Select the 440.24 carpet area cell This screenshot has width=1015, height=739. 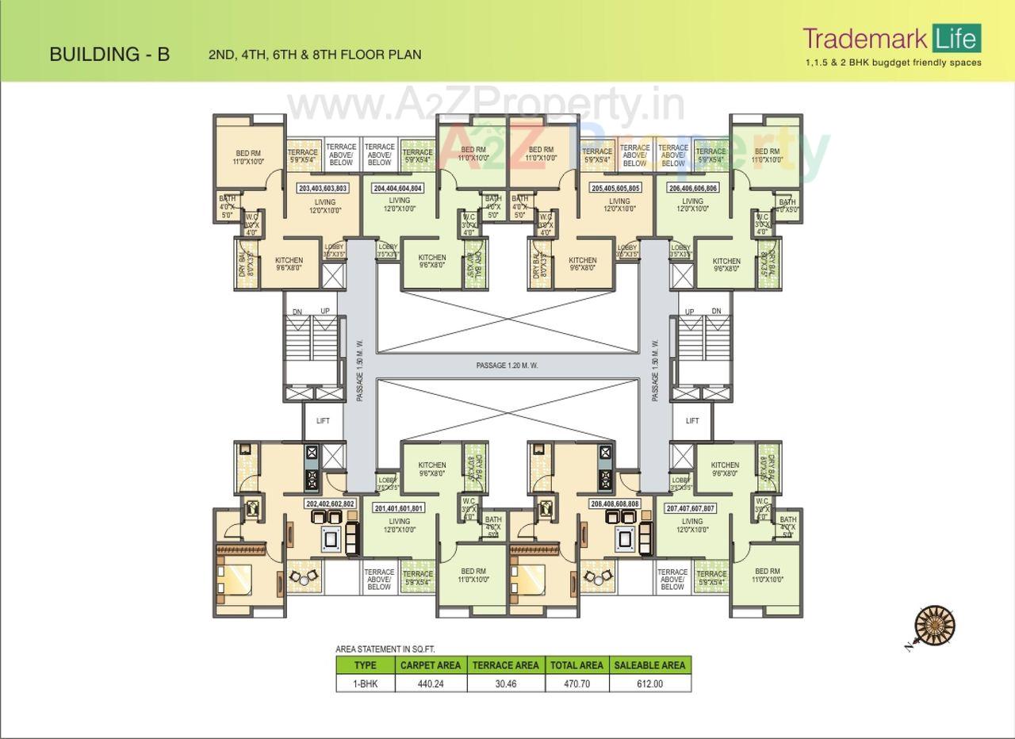click(430, 683)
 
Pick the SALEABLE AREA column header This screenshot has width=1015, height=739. click(649, 665)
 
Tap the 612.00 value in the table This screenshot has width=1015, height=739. click(649, 683)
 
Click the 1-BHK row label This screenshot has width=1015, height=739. click(365, 683)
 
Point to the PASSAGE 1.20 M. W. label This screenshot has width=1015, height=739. click(507, 366)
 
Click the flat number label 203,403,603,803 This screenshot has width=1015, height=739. click(323, 189)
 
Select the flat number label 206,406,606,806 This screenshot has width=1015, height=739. click(692, 189)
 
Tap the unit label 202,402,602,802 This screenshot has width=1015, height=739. click(330, 504)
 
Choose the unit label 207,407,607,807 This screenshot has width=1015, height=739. click(691, 508)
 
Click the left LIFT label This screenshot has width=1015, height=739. click(323, 421)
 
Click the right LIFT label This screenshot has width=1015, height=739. click(692, 421)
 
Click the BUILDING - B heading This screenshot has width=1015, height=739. click(109, 54)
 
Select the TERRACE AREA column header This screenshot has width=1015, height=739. click(505, 665)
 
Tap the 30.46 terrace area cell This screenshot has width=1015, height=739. click(505, 683)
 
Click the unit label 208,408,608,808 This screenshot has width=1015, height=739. click(614, 504)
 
